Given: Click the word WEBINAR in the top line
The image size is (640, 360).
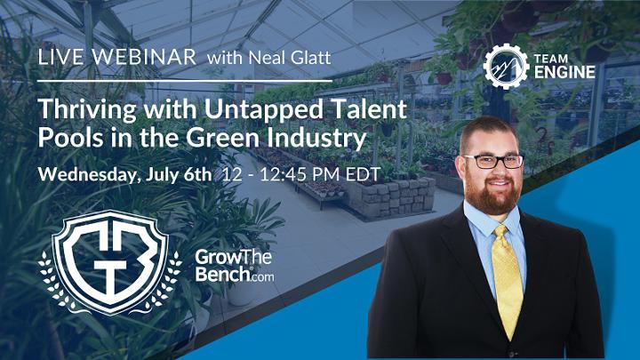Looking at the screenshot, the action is pyautogui.click(x=144, y=57).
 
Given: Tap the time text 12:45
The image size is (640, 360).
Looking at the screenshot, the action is pyautogui.click(x=284, y=174).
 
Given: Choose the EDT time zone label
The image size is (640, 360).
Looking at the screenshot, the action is pyautogui.click(x=364, y=174).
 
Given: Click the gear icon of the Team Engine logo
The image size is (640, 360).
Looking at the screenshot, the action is pyautogui.click(x=506, y=66).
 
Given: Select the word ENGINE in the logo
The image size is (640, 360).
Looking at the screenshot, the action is pyautogui.click(x=564, y=73).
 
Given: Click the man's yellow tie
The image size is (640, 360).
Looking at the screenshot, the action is pyautogui.click(x=507, y=278).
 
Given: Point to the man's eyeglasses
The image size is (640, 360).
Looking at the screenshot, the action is pyautogui.click(x=493, y=161).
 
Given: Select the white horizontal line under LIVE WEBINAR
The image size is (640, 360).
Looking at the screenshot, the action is pyautogui.click(x=185, y=81).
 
